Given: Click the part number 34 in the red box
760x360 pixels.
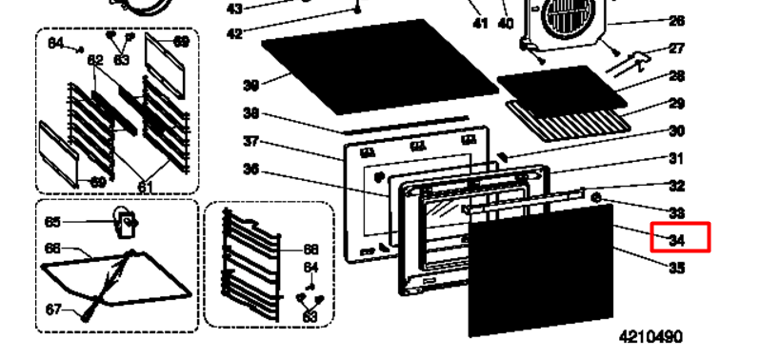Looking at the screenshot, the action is pyautogui.click(x=676, y=240).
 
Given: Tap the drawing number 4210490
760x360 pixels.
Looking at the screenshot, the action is pyautogui.click(x=650, y=337).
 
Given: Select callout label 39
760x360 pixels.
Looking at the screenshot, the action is pyautogui.click(x=251, y=86).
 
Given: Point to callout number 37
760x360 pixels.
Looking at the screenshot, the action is pyautogui.click(x=251, y=142).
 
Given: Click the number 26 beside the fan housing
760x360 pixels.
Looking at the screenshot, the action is pyautogui.click(x=676, y=21).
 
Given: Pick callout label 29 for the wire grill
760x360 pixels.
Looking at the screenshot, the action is pyautogui.click(x=676, y=103).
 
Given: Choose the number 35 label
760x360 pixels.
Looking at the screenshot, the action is pyautogui.click(x=676, y=268).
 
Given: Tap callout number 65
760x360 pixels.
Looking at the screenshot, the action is pyautogui.click(x=52, y=222).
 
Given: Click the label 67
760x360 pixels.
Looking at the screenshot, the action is pyautogui.click(x=53, y=310).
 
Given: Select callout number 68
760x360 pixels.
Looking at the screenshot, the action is pyautogui.click(x=310, y=250).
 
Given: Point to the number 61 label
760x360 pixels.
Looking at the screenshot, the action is pyautogui.click(x=146, y=187).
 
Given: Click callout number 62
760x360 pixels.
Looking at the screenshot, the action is pyautogui.click(x=95, y=61).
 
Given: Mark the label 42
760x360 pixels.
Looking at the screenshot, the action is pyautogui.click(x=234, y=34).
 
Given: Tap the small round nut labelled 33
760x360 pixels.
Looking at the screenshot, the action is pyautogui.click(x=596, y=197).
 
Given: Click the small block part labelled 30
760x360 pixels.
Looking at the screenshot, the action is pyautogui.click(x=503, y=156).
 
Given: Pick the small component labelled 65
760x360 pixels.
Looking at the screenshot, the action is pyautogui.click(x=126, y=223).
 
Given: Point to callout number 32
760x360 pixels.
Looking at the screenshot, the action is pyautogui.click(x=676, y=186).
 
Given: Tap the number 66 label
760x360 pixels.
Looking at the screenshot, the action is pyautogui.click(x=52, y=249).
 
